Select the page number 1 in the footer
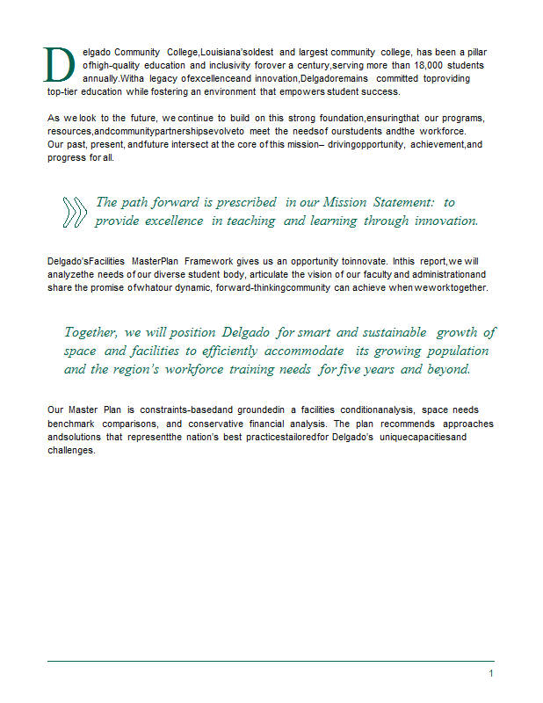click(x=491, y=673)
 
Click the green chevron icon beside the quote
click(x=76, y=212)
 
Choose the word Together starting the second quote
click(x=90, y=332)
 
